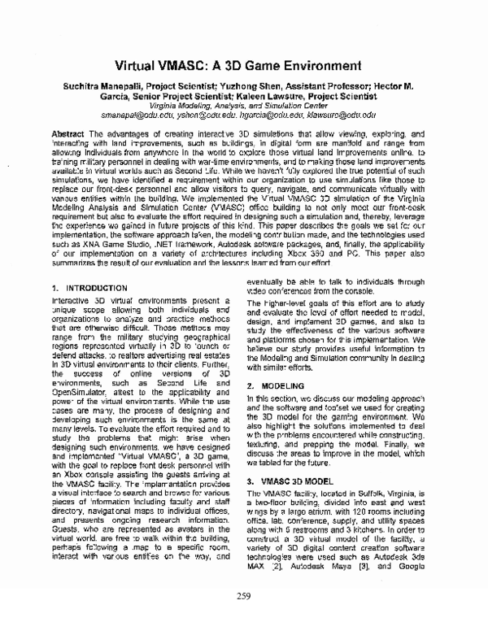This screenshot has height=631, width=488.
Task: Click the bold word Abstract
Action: point(67,132)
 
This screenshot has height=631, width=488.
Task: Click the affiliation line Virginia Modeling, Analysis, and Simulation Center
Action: point(244,107)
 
